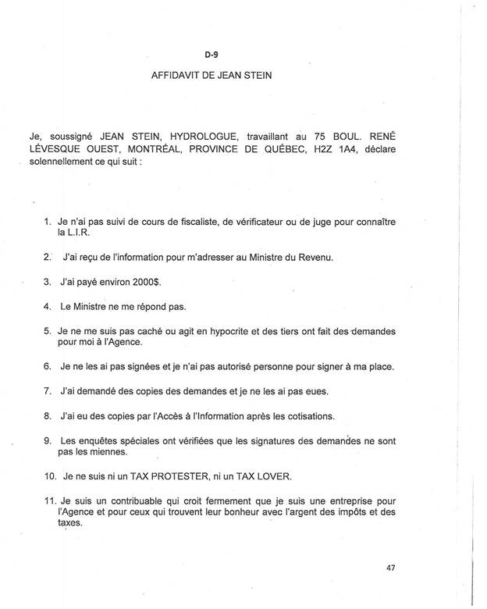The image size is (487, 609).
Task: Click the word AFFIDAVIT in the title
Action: click(x=176, y=77)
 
